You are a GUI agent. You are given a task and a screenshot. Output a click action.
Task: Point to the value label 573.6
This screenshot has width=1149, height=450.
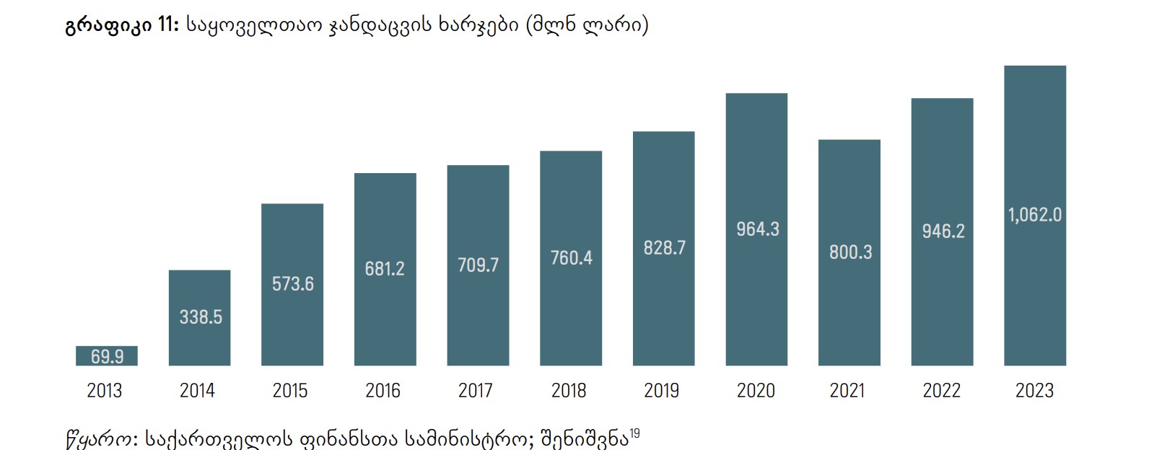[x=292, y=284]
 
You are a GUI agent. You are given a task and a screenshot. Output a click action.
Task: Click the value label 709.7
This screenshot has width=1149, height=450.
[x=478, y=265]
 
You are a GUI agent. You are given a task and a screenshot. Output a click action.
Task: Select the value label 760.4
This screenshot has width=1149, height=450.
[x=571, y=257]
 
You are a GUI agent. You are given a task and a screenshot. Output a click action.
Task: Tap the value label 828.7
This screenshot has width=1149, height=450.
[x=664, y=248]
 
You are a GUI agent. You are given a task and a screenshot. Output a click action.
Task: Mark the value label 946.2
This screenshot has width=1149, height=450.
[x=943, y=231]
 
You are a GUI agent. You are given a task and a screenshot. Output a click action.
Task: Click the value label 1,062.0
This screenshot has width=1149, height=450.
[x=1034, y=215]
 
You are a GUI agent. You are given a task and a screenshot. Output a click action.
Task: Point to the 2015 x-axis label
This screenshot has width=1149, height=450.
[x=290, y=391]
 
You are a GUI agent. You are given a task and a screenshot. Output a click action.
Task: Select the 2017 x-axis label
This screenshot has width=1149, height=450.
[x=476, y=391]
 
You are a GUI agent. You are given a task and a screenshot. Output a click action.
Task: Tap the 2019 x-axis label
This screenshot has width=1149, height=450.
[x=661, y=391]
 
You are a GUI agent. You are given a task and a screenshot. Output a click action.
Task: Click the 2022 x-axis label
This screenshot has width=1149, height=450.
[x=941, y=391]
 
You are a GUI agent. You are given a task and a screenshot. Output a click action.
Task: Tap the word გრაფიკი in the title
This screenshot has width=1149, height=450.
[x=108, y=27]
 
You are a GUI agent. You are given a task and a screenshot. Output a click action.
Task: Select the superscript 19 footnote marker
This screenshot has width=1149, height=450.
[x=634, y=433]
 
